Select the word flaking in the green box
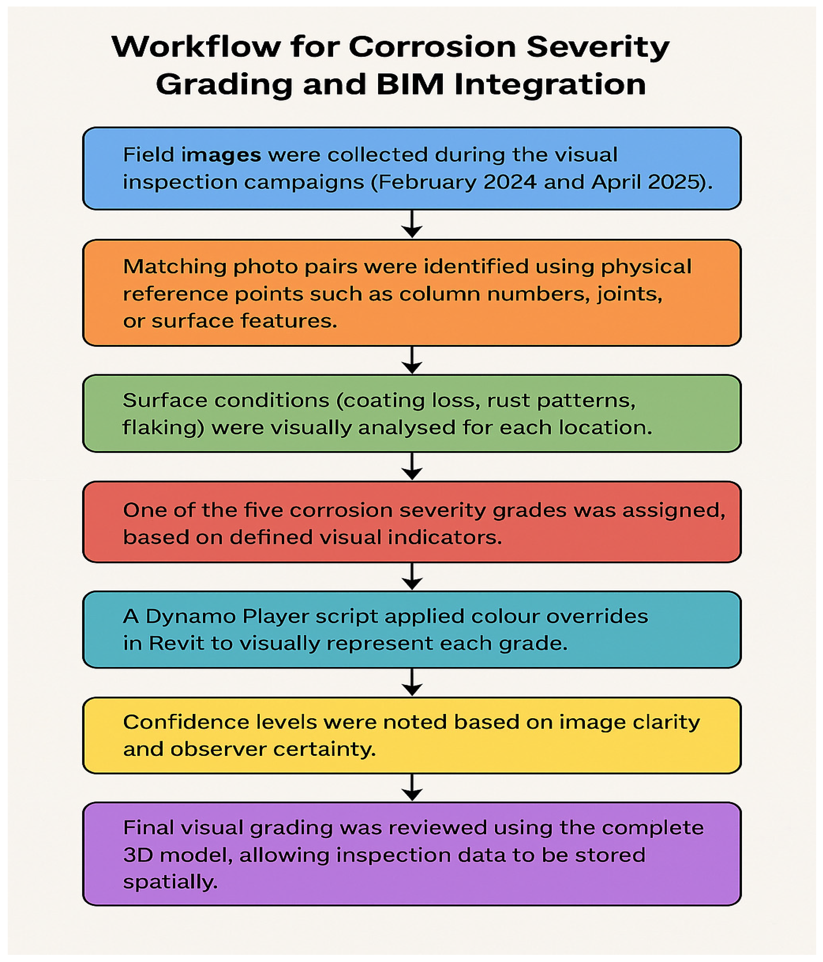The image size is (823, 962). (x=163, y=428)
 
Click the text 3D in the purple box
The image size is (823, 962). (x=138, y=855)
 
